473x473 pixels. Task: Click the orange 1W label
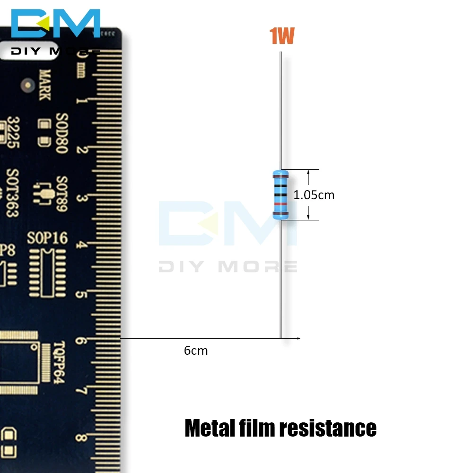[x=282, y=36]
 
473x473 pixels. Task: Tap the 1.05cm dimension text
[x=314, y=195]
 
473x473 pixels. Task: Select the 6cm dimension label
[x=196, y=350]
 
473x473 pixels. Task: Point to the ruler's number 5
[x=81, y=295]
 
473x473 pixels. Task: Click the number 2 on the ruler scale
[x=81, y=149]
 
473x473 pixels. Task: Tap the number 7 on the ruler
[x=81, y=391]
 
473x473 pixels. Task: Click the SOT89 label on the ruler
[x=62, y=194]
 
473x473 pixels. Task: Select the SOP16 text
[x=47, y=238]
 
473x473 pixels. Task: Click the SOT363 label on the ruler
[x=13, y=193]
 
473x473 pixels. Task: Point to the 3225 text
[x=13, y=132]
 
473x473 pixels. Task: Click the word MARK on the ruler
[x=45, y=85]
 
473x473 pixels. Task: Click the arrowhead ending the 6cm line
[x=298, y=338]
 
